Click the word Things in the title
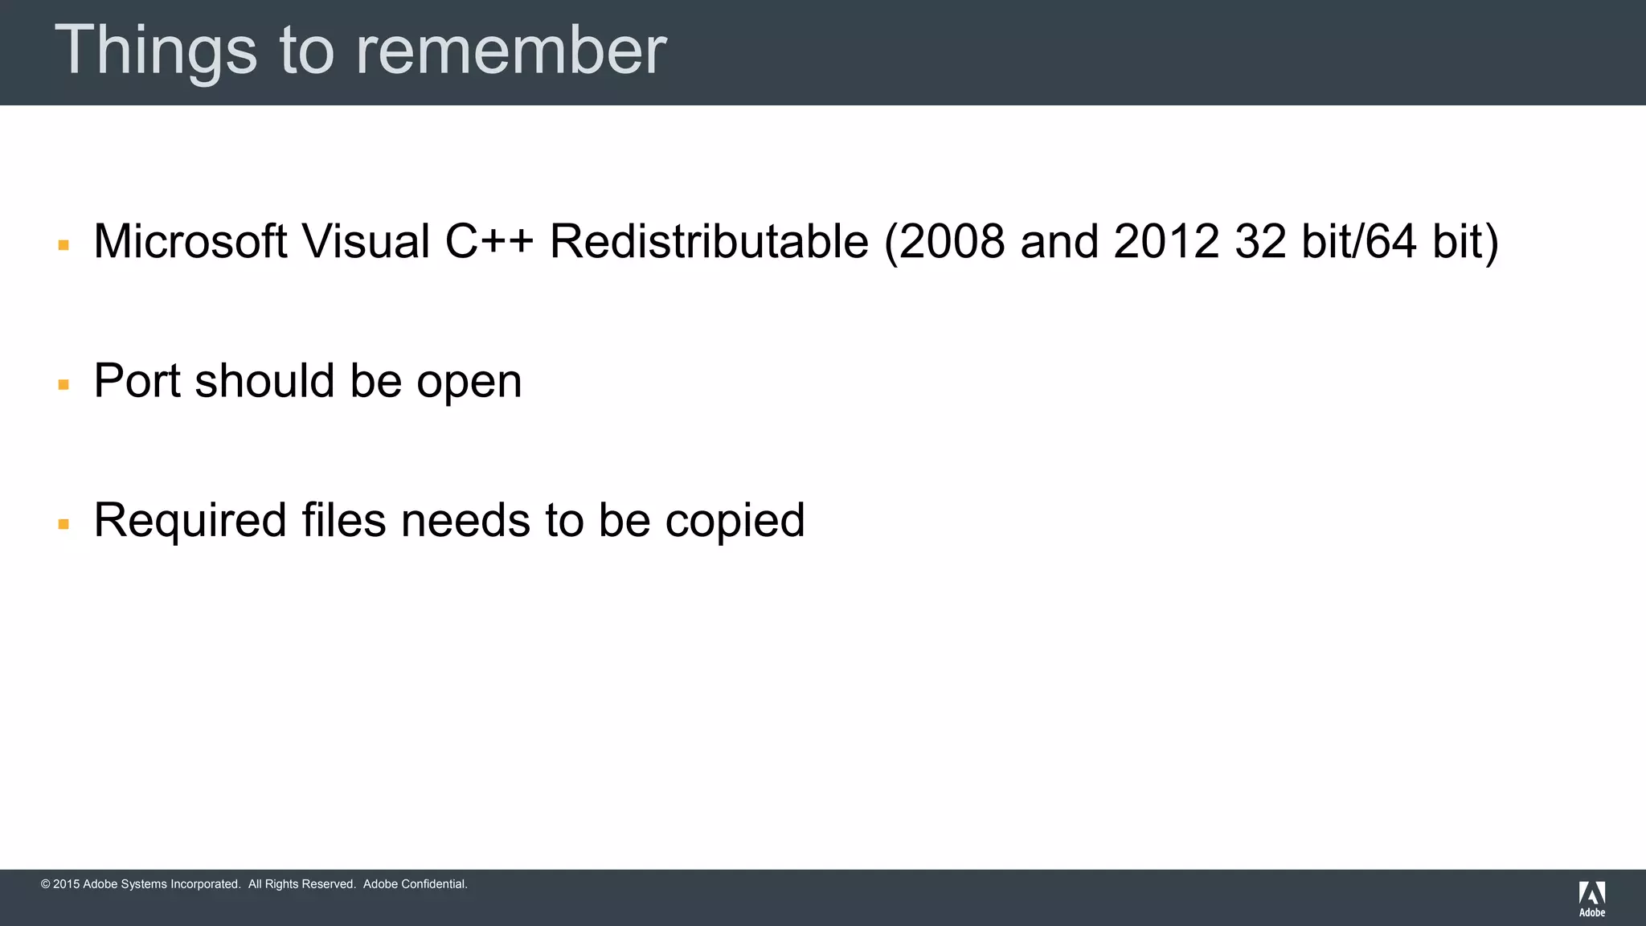[155, 51]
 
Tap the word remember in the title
[511, 51]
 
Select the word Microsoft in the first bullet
[190, 241]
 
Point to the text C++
[489, 241]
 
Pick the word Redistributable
[709, 241]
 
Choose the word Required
[190, 520]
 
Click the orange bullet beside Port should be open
[63, 385]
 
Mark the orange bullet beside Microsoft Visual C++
[63, 245]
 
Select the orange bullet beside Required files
[63, 525]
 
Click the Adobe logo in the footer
[1591, 899]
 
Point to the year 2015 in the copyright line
[66, 884]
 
